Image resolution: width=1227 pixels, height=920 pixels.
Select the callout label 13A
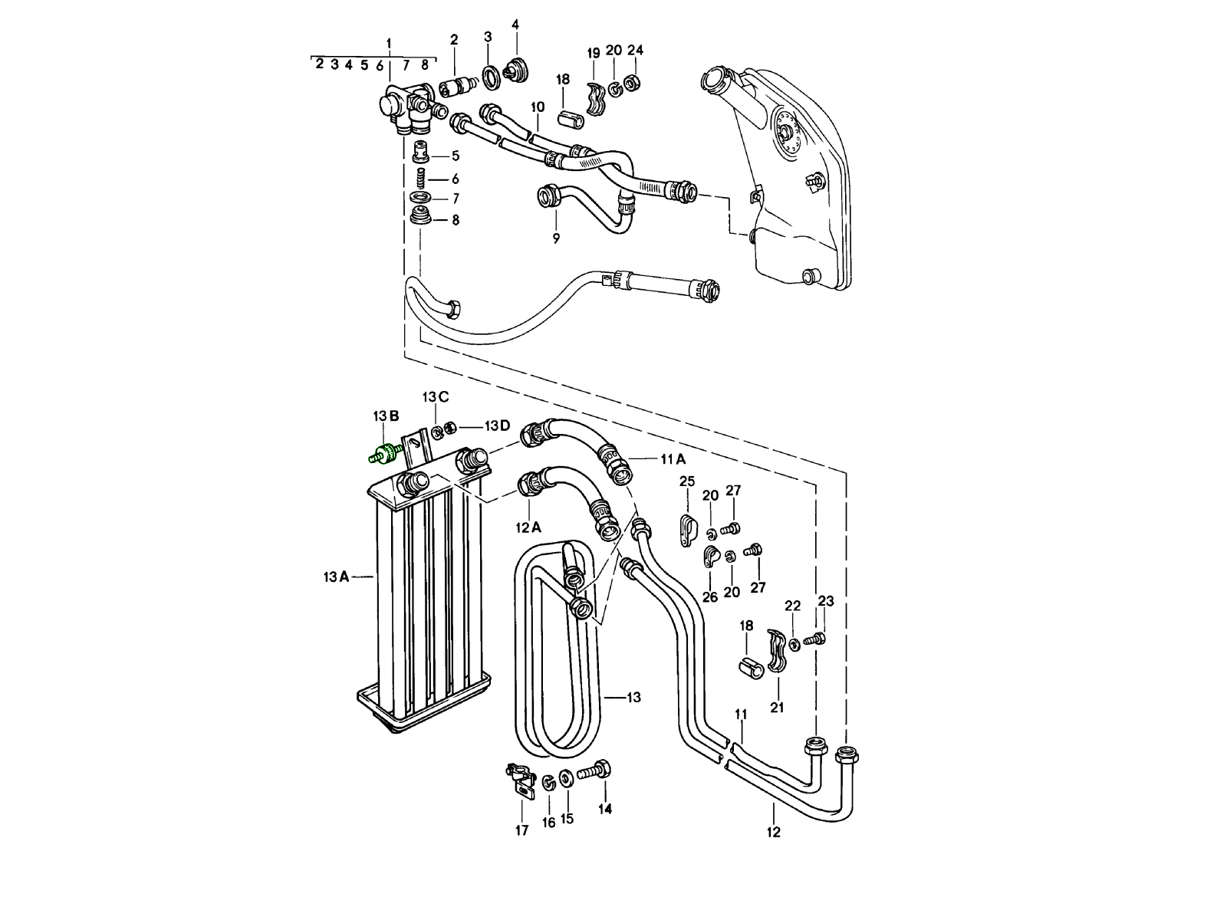point(336,577)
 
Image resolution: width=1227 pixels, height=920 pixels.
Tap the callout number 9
point(556,238)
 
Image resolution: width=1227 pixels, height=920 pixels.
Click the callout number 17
point(521,830)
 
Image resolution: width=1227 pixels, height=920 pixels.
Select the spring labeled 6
point(421,179)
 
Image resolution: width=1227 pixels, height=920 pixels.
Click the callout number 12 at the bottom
point(773,832)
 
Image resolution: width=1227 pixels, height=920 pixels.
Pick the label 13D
point(496,426)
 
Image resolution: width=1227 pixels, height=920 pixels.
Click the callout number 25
point(687,481)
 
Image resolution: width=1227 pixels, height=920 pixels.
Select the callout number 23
point(825,601)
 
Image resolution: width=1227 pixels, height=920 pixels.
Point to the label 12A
point(528,527)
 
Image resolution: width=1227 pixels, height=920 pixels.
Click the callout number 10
point(537,107)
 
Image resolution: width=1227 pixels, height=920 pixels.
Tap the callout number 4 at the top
point(515,25)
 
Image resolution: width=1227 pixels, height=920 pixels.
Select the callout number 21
point(777,707)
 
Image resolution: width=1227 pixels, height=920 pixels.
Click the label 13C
point(435,396)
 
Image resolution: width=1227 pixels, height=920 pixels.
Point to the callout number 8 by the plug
point(455,220)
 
